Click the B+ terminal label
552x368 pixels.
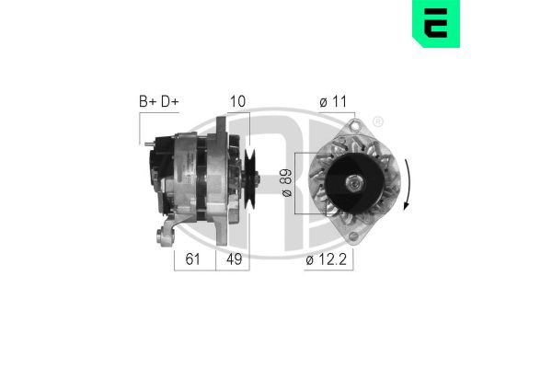(x=148, y=102)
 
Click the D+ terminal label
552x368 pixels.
(x=169, y=102)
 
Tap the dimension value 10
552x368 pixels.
(x=238, y=102)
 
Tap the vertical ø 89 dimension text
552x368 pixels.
(x=285, y=182)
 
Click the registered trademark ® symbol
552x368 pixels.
(x=378, y=120)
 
